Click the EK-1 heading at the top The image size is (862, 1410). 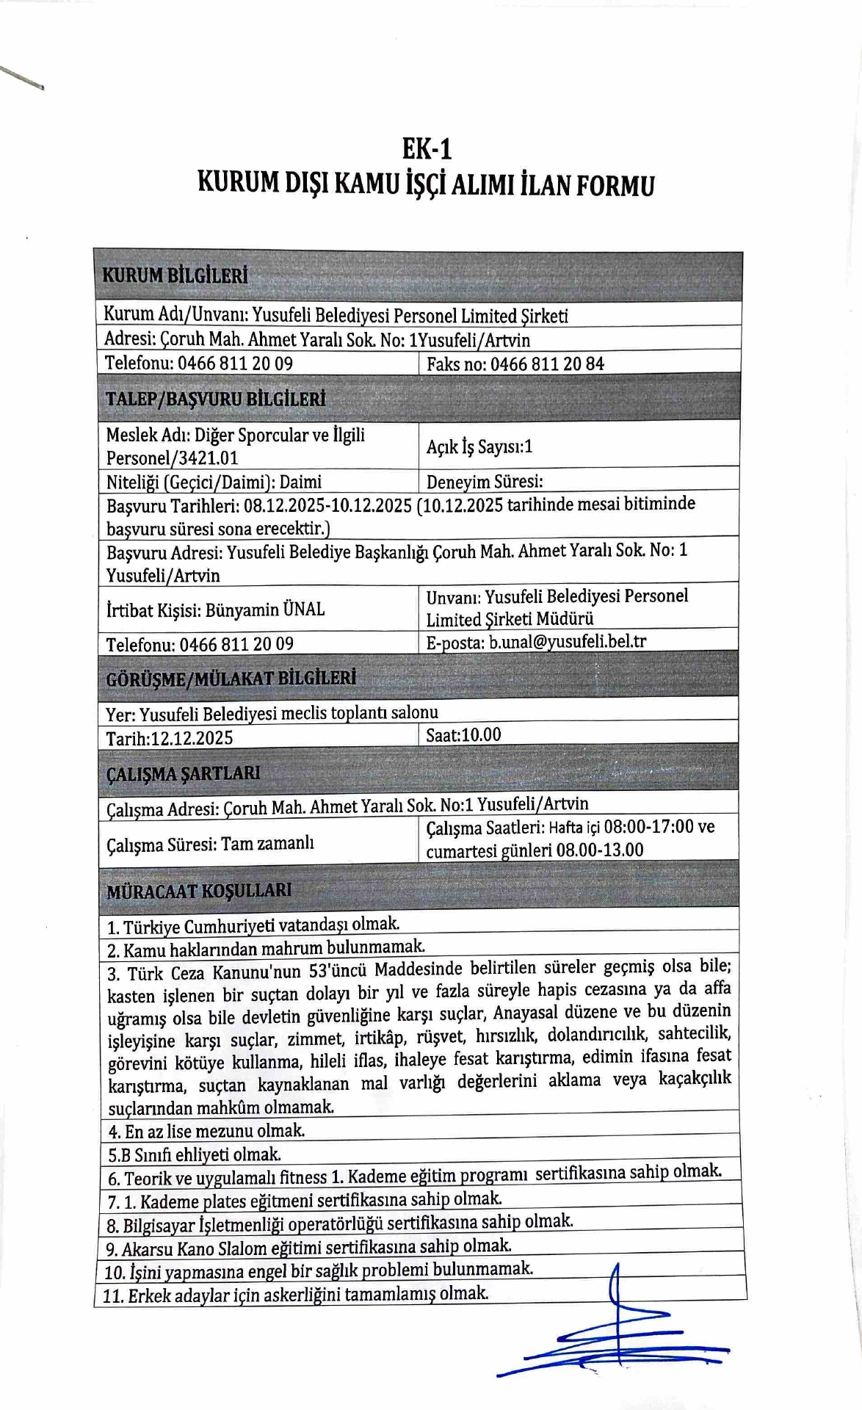pyautogui.click(x=427, y=149)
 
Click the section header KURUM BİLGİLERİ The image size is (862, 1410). pyautogui.click(x=175, y=276)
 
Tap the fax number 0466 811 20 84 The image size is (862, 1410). pyautogui.click(x=547, y=364)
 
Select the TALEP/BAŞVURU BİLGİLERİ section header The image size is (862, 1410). pyautogui.click(x=215, y=399)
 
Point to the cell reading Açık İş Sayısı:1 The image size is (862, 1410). pyautogui.click(x=479, y=446)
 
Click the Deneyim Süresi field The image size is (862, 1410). pyautogui.click(x=485, y=482)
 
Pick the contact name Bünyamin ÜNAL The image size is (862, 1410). pyautogui.click(x=265, y=610)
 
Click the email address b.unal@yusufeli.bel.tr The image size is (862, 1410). pyautogui.click(x=568, y=641)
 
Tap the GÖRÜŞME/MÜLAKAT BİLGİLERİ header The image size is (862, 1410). pyautogui.click(x=231, y=678)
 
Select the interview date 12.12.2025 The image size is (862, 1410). pyautogui.click(x=192, y=738)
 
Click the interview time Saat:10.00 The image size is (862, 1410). pyautogui.click(x=463, y=735)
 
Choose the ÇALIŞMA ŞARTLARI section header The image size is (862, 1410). pyautogui.click(x=183, y=774)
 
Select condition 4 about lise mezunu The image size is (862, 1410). pyautogui.click(x=206, y=1131)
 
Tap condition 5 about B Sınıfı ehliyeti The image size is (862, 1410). pyautogui.click(x=195, y=1154)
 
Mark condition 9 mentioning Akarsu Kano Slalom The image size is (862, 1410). pyautogui.click(x=308, y=1247)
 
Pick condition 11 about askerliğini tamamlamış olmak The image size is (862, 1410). pyautogui.click(x=295, y=1294)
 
